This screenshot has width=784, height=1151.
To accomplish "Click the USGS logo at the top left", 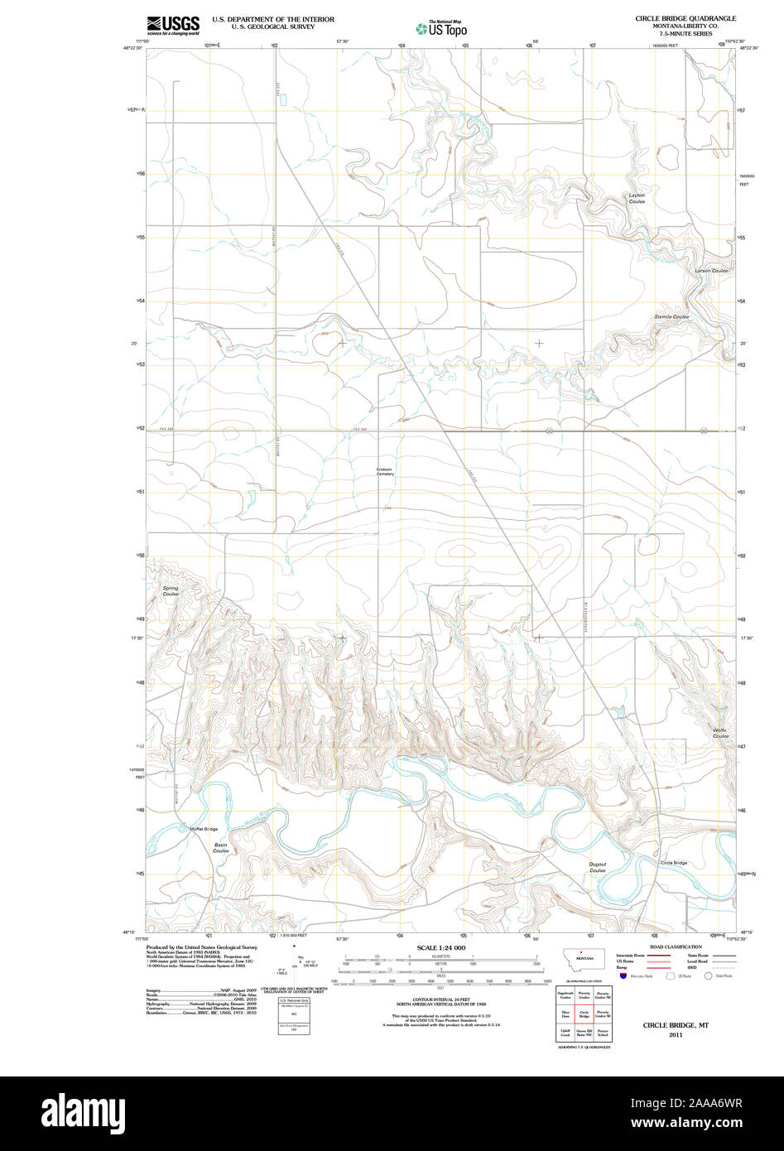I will (173, 25).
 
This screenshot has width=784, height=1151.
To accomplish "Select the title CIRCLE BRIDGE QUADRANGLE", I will (685, 17).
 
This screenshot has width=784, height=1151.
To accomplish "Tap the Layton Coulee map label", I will (636, 199).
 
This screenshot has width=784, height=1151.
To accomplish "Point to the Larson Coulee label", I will (711, 271).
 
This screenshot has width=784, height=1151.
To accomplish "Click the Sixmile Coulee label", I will (671, 316).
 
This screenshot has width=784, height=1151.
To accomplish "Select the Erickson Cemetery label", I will (385, 472).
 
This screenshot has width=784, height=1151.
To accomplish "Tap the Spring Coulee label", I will (171, 591).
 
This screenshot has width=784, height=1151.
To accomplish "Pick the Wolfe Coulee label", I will (720, 733).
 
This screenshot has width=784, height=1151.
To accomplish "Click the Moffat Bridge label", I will (204, 829).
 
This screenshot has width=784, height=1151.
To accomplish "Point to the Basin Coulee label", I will (220, 848).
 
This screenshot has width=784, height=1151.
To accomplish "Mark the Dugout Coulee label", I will (598, 868).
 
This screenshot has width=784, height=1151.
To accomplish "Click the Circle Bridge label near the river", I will (673, 863).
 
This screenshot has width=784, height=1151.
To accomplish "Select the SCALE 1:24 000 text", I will (441, 947).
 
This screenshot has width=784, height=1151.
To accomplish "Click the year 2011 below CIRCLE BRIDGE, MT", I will (676, 1034).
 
